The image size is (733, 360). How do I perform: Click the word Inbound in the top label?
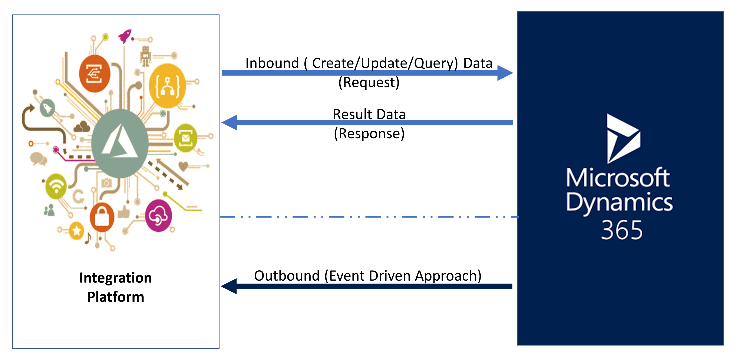pos(272,63)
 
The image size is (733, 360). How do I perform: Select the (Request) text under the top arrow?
pos(369,83)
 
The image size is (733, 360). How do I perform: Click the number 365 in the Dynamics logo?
pos(621,230)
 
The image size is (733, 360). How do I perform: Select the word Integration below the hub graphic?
pos(116,278)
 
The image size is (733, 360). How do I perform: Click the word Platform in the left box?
pos(116,297)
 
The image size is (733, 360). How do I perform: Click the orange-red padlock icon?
pos(102,217)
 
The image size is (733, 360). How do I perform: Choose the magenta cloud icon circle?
pos(158,215)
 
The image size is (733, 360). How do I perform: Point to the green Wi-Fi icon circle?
pos(56,186)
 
